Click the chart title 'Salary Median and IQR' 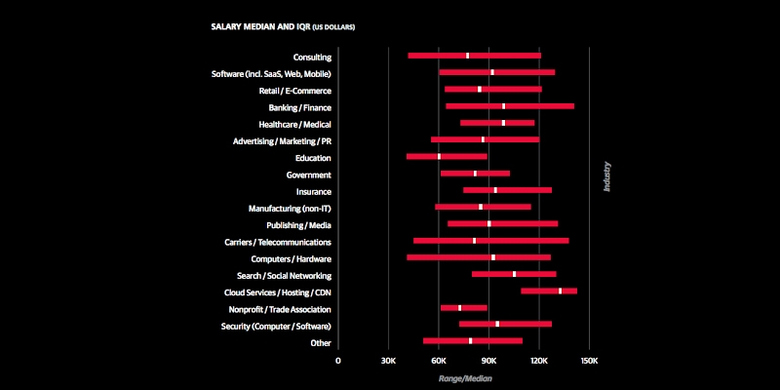click(x=283, y=26)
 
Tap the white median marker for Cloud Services click(x=560, y=291)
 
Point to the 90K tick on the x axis click(x=488, y=360)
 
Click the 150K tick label click(x=588, y=360)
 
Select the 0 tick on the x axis click(x=338, y=360)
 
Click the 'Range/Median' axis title click(x=464, y=377)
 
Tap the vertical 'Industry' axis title click(x=606, y=176)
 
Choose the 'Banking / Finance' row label click(x=299, y=107)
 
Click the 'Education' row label click(x=313, y=158)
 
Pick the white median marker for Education click(x=440, y=156)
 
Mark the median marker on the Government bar click(x=475, y=173)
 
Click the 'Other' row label click(x=321, y=342)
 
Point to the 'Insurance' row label click(x=313, y=192)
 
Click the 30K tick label click(x=388, y=360)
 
